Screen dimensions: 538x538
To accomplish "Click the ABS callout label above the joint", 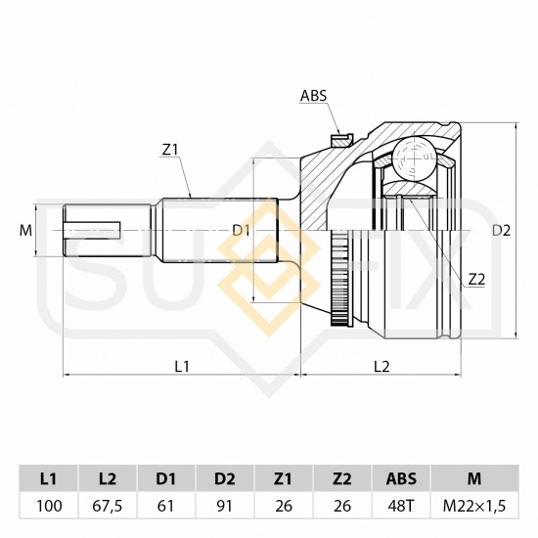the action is pos(314,96).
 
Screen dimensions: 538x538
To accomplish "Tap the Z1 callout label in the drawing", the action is pos(169,150).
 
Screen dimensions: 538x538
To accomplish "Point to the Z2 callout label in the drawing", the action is pos(477,280).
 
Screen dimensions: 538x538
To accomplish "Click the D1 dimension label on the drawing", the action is pos(241,231).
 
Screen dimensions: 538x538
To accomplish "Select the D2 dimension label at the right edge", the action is pos(501,231).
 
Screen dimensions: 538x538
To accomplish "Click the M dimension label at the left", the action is pos(25,231).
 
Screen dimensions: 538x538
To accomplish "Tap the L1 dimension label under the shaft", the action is pos(182,367).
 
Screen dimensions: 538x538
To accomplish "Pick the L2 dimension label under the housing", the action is pos(381,367).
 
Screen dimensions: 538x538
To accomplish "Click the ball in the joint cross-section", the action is pos(415,158).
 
